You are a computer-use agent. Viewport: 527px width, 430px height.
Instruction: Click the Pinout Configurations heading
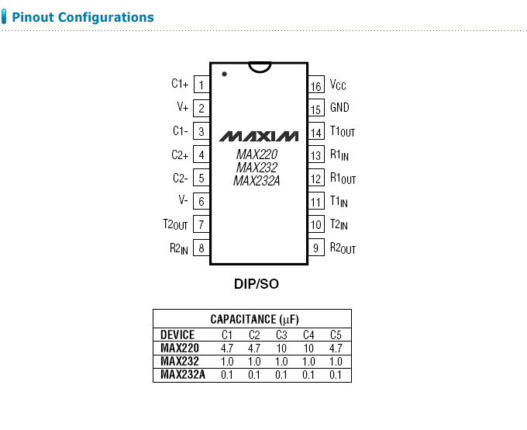(83, 17)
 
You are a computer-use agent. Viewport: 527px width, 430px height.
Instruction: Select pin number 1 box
(201, 85)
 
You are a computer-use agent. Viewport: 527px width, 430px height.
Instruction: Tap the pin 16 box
(316, 86)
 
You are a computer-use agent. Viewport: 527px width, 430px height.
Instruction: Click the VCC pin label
(338, 85)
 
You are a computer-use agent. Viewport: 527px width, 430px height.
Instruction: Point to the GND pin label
(339, 109)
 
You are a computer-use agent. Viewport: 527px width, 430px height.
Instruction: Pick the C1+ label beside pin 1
(180, 84)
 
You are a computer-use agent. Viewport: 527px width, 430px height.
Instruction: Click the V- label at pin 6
(183, 200)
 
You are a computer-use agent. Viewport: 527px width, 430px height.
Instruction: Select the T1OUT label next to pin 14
(342, 133)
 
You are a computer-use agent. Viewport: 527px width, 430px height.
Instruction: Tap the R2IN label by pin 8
(179, 248)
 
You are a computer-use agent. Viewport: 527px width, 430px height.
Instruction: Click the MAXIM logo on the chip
(258, 136)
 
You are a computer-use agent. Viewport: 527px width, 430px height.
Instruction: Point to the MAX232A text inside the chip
(257, 181)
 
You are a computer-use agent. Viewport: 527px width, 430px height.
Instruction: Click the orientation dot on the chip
(224, 75)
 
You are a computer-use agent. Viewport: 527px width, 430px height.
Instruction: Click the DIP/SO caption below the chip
(257, 284)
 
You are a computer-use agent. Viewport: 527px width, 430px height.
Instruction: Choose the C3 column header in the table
(281, 335)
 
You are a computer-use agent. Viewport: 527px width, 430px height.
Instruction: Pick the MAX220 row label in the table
(180, 348)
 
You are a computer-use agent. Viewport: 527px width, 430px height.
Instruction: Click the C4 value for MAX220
(308, 348)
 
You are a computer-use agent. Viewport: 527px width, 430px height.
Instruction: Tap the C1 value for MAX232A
(227, 375)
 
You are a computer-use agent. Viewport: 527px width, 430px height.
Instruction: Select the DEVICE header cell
(177, 335)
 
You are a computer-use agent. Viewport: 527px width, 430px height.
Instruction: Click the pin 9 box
(316, 248)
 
